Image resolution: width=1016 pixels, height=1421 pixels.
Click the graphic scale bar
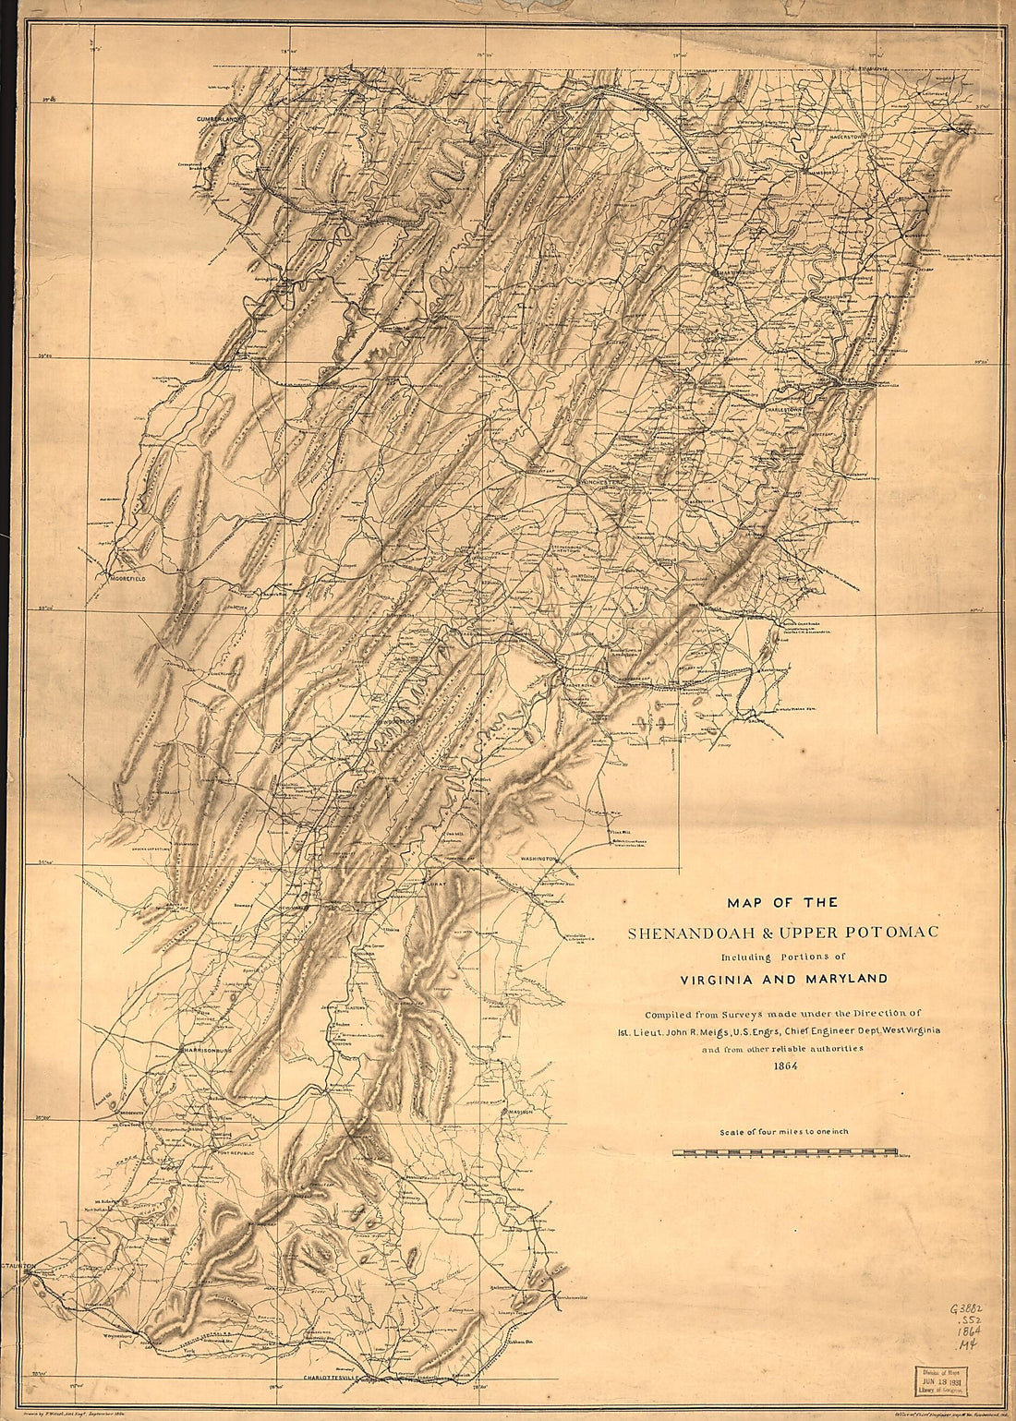[x=785, y=1152]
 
